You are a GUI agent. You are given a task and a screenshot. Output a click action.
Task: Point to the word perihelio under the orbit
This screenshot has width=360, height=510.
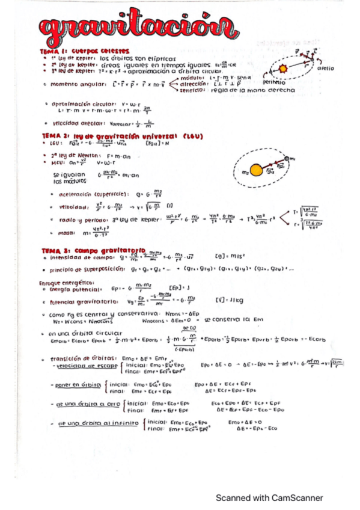click(x=274, y=82)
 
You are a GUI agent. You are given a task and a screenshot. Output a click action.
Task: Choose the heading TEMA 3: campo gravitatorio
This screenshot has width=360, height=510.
click(x=93, y=249)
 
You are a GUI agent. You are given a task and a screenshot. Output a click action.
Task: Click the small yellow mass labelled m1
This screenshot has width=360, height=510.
click(x=285, y=159)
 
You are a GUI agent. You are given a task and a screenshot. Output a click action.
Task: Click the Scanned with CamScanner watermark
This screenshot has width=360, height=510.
click(x=269, y=498)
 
